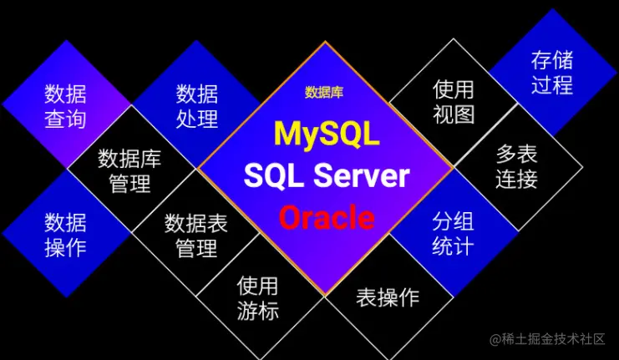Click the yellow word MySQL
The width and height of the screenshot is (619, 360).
[x=327, y=134]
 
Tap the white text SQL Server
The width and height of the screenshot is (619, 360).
[x=327, y=176]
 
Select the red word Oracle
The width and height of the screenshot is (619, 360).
[x=327, y=218]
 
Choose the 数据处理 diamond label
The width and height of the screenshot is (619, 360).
[x=197, y=105]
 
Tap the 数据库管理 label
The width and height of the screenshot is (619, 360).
[x=129, y=170]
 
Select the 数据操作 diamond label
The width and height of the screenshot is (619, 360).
[x=65, y=235]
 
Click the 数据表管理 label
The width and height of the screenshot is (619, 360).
[x=196, y=236]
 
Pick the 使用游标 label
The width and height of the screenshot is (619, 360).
[x=257, y=298]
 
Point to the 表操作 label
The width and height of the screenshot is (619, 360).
[x=388, y=297]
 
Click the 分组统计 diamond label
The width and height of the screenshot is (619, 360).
[x=453, y=235]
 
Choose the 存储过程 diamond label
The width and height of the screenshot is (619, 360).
[x=552, y=74]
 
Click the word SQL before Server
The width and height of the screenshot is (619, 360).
[x=272, y=176]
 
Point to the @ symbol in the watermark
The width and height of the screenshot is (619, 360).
[x=495, y=339]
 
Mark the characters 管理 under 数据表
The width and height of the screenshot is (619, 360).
[x=196, y=248]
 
